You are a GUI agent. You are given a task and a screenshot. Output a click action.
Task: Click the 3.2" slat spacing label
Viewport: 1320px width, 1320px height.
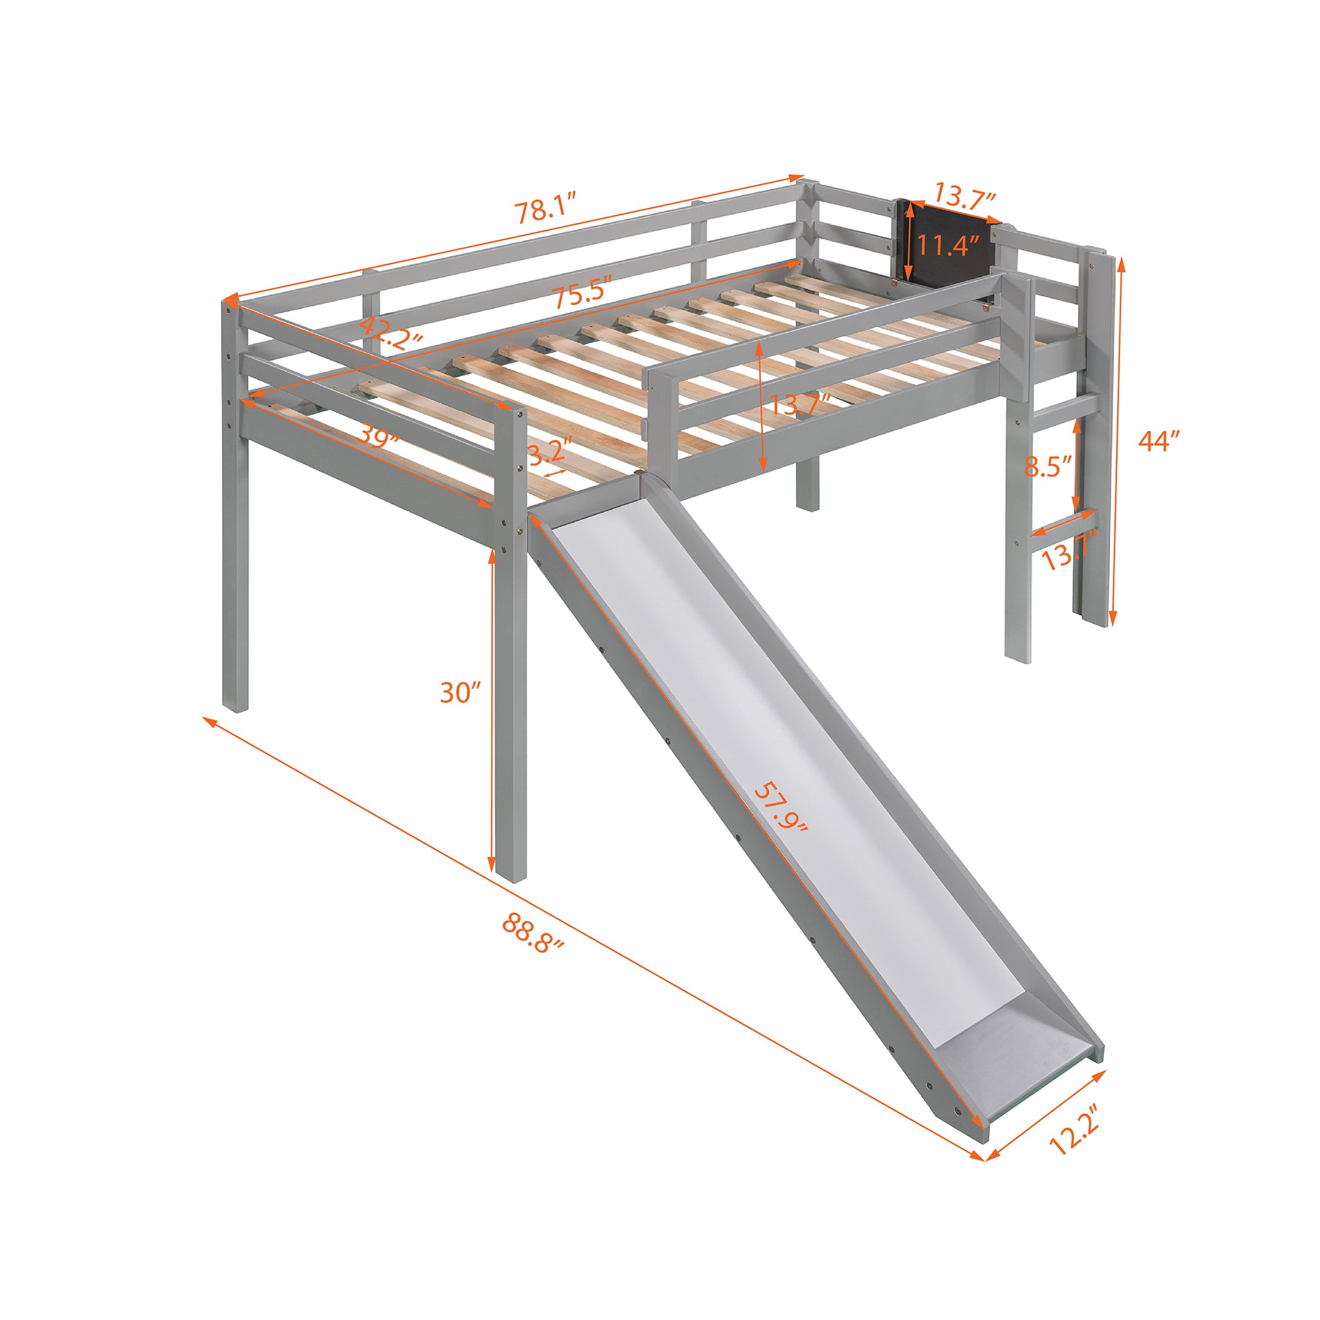tap(550, 452)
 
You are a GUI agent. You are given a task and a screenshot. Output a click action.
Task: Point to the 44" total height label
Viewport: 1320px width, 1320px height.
tap(1160, 441)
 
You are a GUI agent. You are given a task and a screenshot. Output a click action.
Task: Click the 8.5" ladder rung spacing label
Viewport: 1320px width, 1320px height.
tap(1046, 466)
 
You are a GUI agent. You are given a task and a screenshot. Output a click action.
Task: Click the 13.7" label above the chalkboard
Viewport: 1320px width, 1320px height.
tap(964, 199)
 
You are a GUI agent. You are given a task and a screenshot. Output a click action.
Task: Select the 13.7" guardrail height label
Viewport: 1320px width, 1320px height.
tap(800, 405)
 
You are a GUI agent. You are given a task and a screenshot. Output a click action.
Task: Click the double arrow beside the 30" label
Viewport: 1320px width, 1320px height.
tap(492, 710)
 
